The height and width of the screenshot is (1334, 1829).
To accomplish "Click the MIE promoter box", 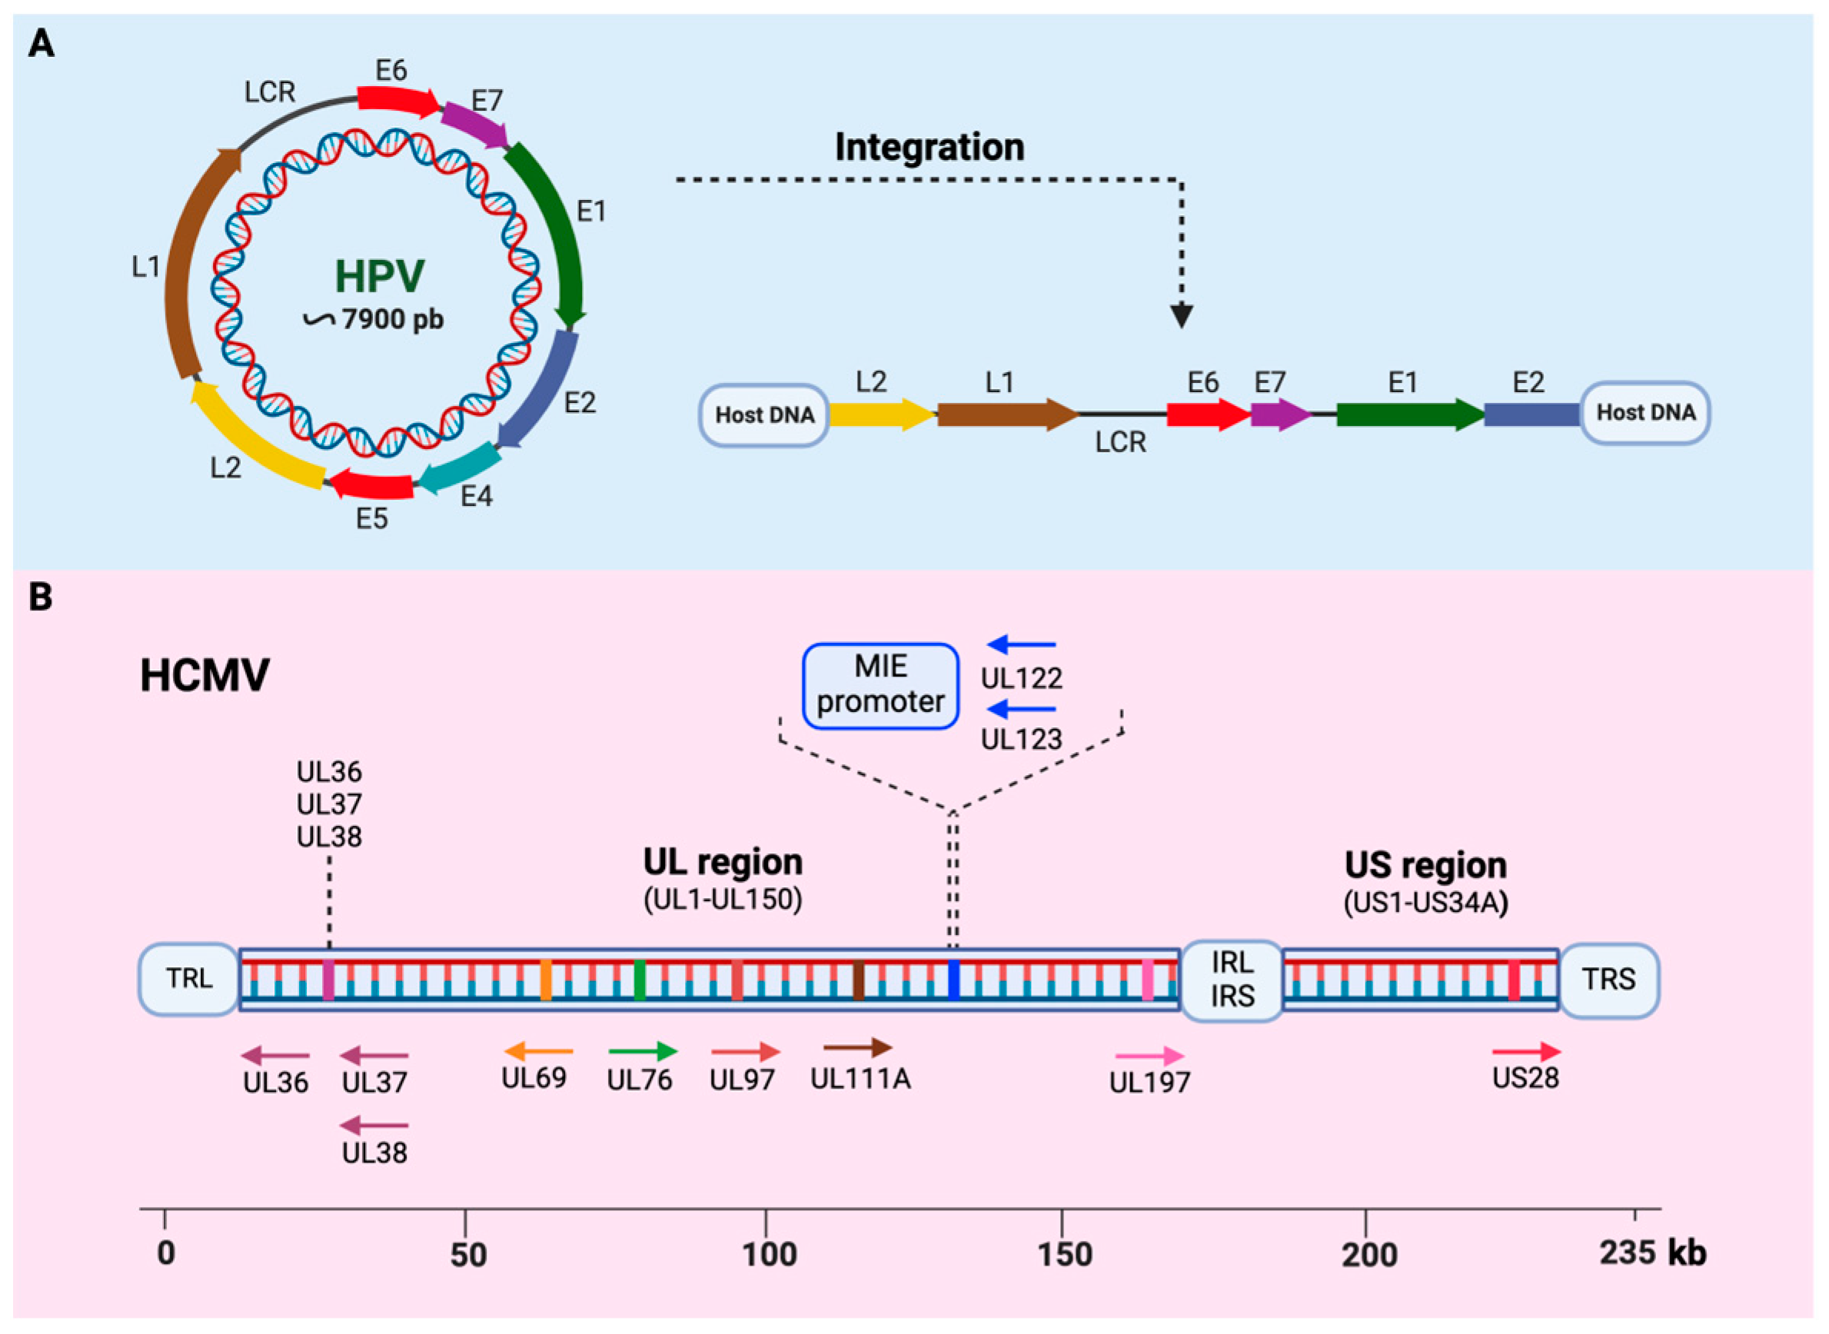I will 880,686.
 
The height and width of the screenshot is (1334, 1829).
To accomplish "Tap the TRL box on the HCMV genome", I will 189,979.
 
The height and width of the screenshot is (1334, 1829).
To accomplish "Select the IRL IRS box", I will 1232,980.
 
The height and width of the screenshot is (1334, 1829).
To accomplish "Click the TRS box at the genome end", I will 1608,980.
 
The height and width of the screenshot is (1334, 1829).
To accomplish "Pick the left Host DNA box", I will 764,415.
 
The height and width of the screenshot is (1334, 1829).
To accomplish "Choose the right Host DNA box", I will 1645,413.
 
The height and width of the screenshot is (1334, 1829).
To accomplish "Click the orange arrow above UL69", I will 539,1050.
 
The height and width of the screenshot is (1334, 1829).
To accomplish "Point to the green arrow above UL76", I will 643,1050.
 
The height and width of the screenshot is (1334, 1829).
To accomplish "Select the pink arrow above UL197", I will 1150,1055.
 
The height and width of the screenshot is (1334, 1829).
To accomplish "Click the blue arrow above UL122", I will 1022,644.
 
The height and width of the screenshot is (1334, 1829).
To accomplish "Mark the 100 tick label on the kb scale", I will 770,1254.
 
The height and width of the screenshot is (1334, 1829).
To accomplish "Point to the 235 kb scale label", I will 1652,1252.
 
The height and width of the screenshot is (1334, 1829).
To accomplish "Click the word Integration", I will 929,148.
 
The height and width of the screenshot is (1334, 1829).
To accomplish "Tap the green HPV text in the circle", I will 380,276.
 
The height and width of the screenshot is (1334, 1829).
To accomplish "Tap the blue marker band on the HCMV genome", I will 953,980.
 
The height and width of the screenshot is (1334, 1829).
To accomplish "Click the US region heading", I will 1425,866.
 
